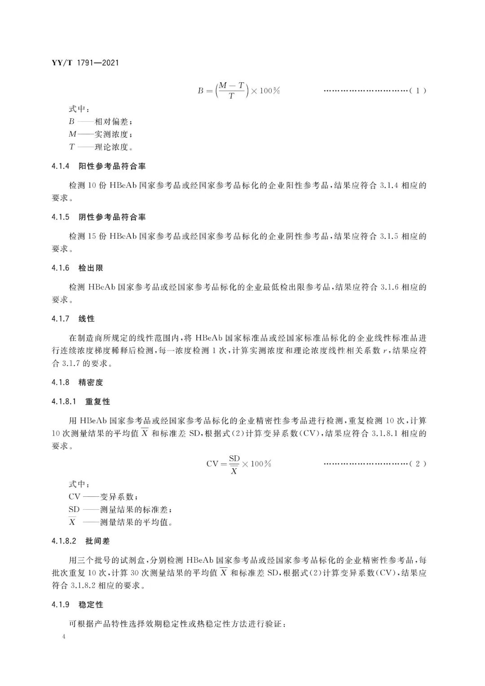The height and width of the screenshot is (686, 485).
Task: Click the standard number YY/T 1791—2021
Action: click(x=85, y=63)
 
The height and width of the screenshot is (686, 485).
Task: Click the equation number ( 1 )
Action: click(x=417, y=91)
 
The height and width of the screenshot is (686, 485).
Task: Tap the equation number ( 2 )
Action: click(x=417, y=464)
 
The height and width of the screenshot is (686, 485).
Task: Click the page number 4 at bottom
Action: click(x=64, y=637)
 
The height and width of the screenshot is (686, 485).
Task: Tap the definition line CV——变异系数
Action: click(x=103, y=497)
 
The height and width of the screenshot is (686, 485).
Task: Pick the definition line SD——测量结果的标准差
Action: click(x=120, y=509)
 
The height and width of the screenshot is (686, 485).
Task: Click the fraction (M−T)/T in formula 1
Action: click(x=232, y=90)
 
